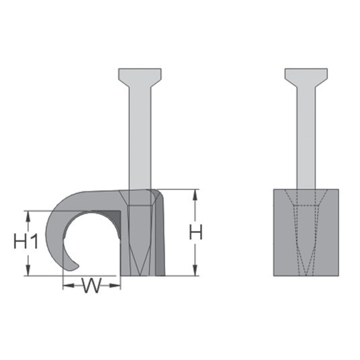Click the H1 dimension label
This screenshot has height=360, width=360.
click(26, 241)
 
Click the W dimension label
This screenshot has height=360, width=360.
click(92, 285)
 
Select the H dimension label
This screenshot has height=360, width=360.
click(195, 232)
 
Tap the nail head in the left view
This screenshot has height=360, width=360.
click(140, 77)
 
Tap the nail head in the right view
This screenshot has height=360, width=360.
click(306, 77)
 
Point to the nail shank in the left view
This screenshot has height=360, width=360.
click(140, 138)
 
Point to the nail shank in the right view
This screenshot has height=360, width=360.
click(306, 138)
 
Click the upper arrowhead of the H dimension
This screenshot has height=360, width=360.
click(195, 195)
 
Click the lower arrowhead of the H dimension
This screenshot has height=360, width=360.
click(195, 270)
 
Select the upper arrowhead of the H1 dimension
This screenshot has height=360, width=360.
click(28, 216)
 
